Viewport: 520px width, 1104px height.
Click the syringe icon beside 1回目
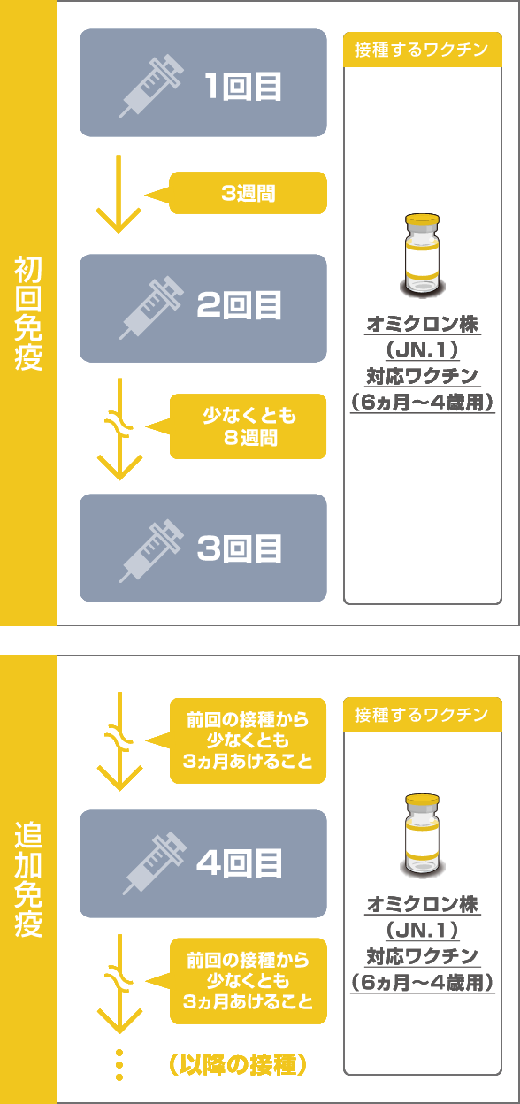coord(151,86)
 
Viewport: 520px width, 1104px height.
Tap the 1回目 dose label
coord(243,87)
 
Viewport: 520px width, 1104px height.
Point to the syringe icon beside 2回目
coord(151,308)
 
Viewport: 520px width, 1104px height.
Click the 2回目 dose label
coord(239,305)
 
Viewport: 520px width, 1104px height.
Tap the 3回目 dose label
coord(239,548)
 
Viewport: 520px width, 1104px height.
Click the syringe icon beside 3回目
coord(151,551)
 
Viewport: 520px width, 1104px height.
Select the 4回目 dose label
coord(239,863)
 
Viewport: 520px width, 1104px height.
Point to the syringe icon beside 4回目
coord(154,863)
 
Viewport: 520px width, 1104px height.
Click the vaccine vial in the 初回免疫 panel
coord(423,256)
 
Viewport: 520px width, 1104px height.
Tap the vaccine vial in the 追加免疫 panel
coord(423,835)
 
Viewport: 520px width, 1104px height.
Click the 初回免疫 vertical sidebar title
coord(28,313)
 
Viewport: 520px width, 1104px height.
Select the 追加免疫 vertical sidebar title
coord(28,879)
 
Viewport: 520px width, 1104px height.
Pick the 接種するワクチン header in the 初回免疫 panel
coord(422,50)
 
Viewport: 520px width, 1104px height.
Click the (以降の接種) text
coord(238,1064)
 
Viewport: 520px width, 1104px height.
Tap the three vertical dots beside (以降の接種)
coord(119,1065)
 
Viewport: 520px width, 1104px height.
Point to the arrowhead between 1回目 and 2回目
coord(119,220)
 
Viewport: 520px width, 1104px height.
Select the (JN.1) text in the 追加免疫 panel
coord(423,931)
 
